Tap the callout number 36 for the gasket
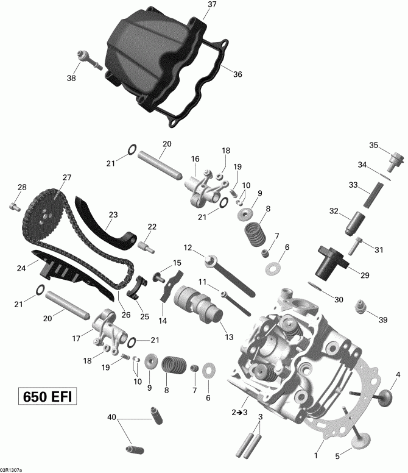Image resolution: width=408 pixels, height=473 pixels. point(237,74)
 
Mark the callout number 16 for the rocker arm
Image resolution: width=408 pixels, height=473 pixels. point(195,160)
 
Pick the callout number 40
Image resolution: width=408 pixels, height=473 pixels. point(111,418)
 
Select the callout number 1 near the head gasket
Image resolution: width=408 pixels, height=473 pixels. point(316,455)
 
